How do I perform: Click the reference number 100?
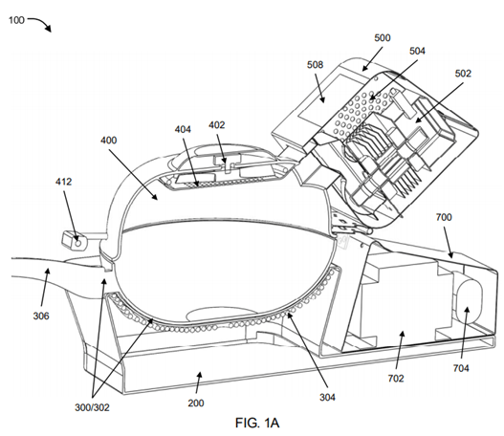click(x=16, y=20)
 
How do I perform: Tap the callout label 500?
click(x=383, y=38)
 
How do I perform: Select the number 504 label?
click(x=417, y=51)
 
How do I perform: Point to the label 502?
click(x=463, y=74)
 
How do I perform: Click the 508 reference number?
click(x=315, y=65)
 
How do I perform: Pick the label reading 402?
click(x=217, y=124)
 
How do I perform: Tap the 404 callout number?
click(x=183, y=129)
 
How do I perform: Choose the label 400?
click(x=109, y=141)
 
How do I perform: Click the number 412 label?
click(x=63, y=182)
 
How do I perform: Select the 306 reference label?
click(x=41, y=316)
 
